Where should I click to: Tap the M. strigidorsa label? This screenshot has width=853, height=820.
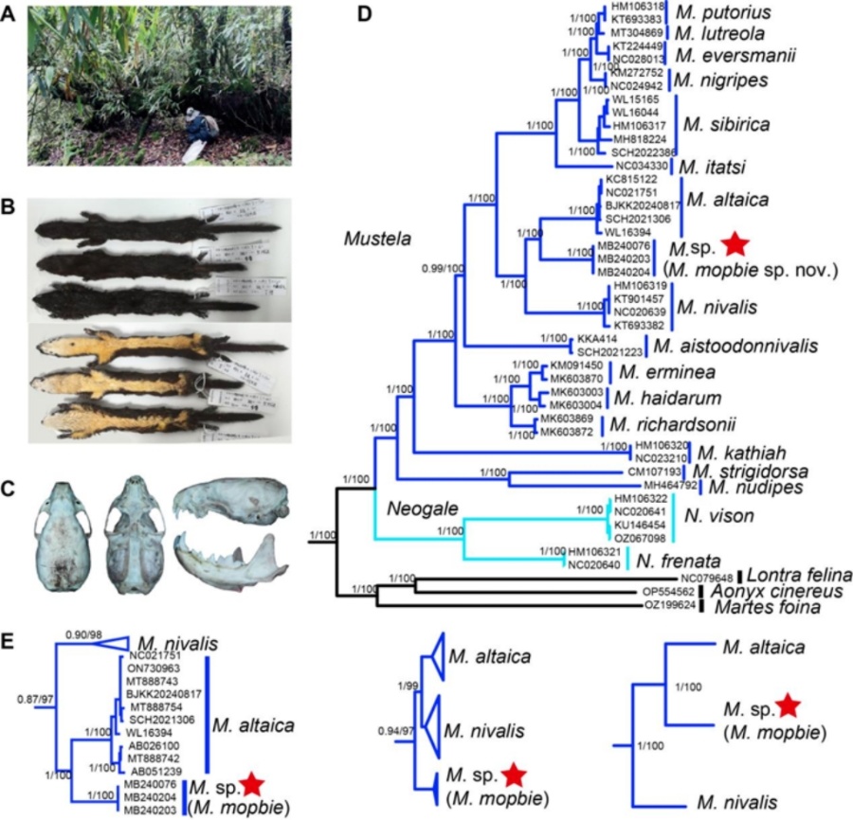pos(749,471)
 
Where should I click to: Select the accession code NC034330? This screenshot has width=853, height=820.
pos(642,167)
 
